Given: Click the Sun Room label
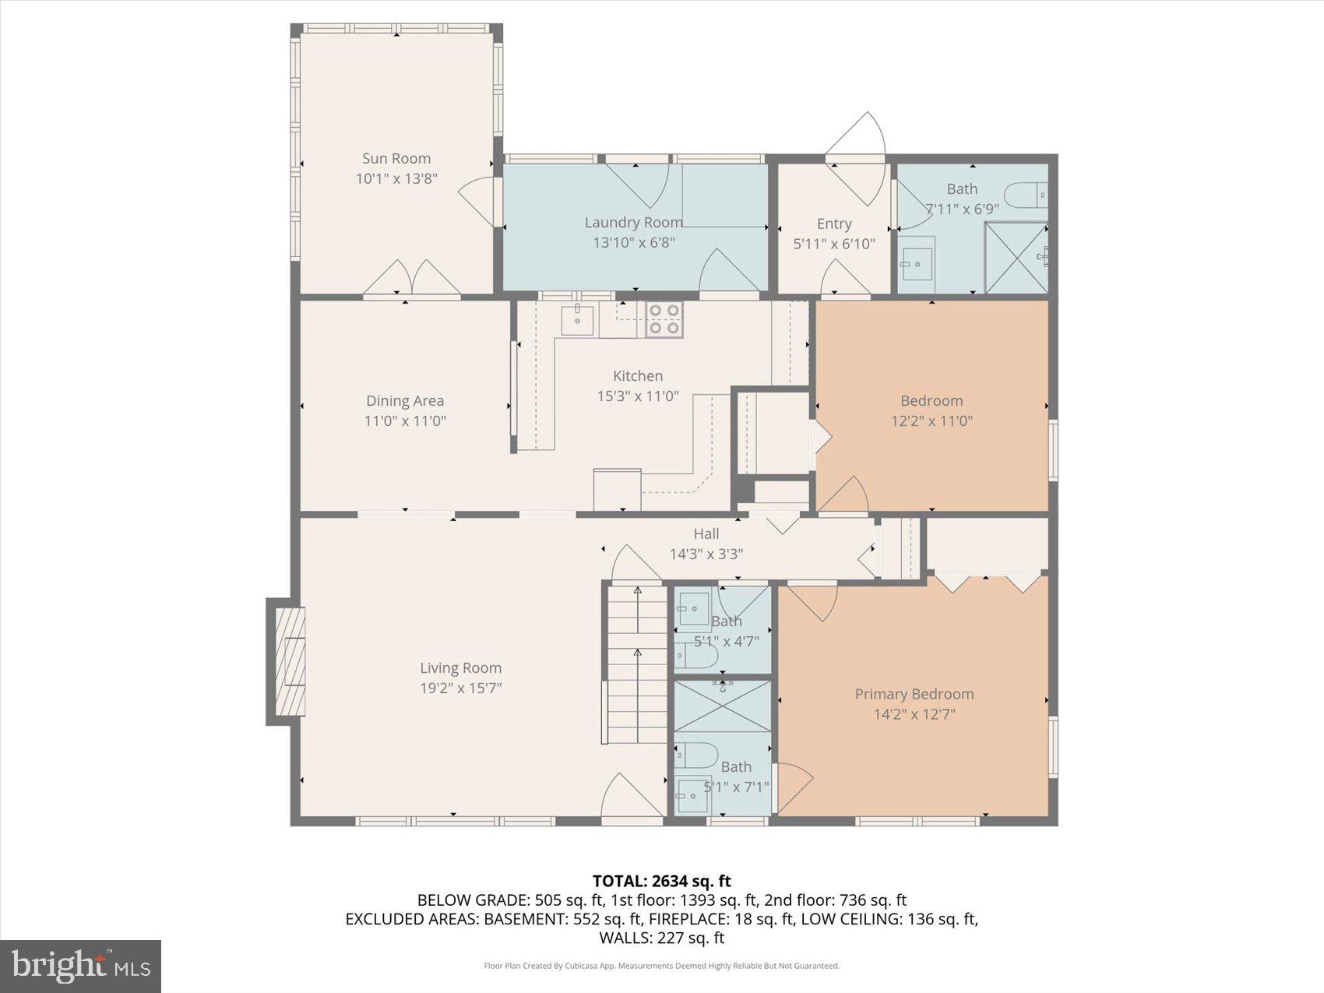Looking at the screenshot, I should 396,159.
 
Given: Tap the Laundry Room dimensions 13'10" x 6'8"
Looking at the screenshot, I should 633,242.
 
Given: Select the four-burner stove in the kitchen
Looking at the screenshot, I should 664,320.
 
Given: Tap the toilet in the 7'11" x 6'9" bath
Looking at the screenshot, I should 1025,195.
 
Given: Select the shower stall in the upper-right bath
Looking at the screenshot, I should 1016,258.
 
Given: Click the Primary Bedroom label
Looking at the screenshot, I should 914,694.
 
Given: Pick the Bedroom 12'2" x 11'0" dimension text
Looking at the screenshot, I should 931,421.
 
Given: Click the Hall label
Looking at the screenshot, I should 706,533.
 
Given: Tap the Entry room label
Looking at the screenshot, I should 833,224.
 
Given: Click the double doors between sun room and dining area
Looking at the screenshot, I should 412,278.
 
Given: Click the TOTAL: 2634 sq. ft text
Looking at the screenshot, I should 661,881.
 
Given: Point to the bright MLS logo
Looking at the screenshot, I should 81,966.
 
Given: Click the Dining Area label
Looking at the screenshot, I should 405,400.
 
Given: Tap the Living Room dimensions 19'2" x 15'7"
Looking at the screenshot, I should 460,688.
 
